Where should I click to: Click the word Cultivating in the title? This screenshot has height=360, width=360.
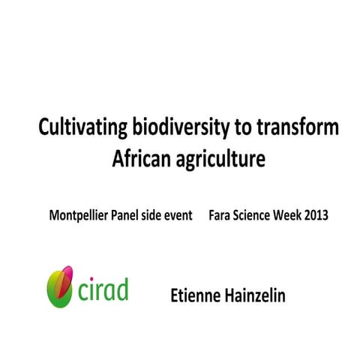coord(77,128)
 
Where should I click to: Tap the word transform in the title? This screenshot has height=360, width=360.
coord(293,128)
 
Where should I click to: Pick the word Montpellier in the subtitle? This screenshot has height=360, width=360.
coord(77,215)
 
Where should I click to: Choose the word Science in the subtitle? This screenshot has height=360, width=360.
coord(263,215)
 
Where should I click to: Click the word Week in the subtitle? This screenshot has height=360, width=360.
coord(301,215)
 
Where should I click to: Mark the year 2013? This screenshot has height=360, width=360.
coord(331,215)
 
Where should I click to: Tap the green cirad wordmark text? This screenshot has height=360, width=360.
coord(101,289)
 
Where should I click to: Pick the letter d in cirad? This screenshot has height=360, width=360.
coord(121,288)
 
